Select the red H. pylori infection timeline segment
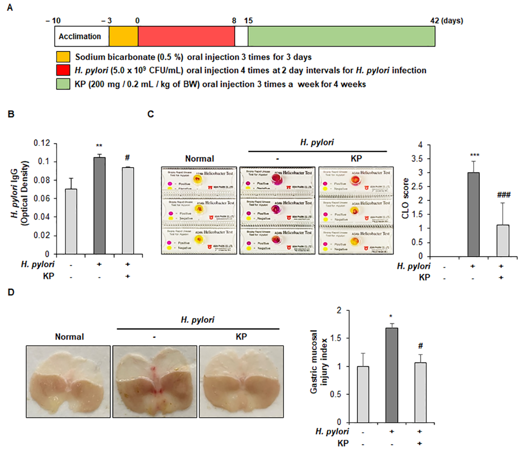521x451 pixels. pyautogui.click(x=186, y=36)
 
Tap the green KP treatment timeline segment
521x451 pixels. pyautogui.click(x=341, y=36)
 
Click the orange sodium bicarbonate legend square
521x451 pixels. pyautogui.click(x=63, y=57)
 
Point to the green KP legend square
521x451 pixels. pyautogui.click(x=63, y=84)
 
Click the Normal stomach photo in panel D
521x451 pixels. pyautogui.click(x=68, y=382)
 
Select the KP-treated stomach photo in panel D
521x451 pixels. pyautogui.click(x=241, y=382)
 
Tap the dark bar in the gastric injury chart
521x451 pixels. pyautogui.click(x=392, y=375)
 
